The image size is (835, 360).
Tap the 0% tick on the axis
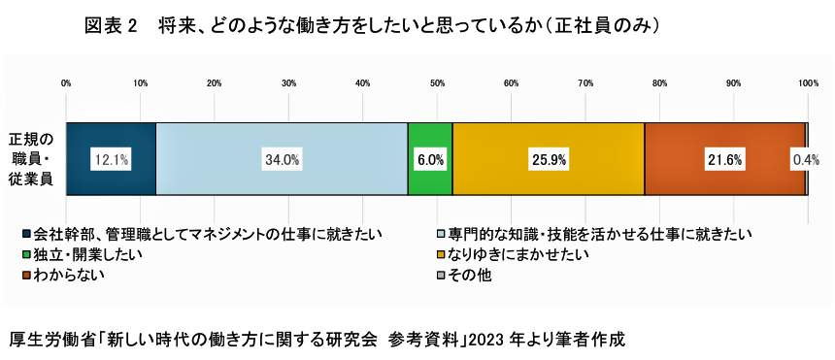click(66, 84)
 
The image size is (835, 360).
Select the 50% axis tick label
click(437, 84)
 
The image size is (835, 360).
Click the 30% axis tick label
click(288, 84)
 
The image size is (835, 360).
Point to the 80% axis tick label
click(659, 84)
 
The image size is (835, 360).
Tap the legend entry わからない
click(68, 275)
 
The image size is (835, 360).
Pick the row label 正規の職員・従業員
click(31, 158)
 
